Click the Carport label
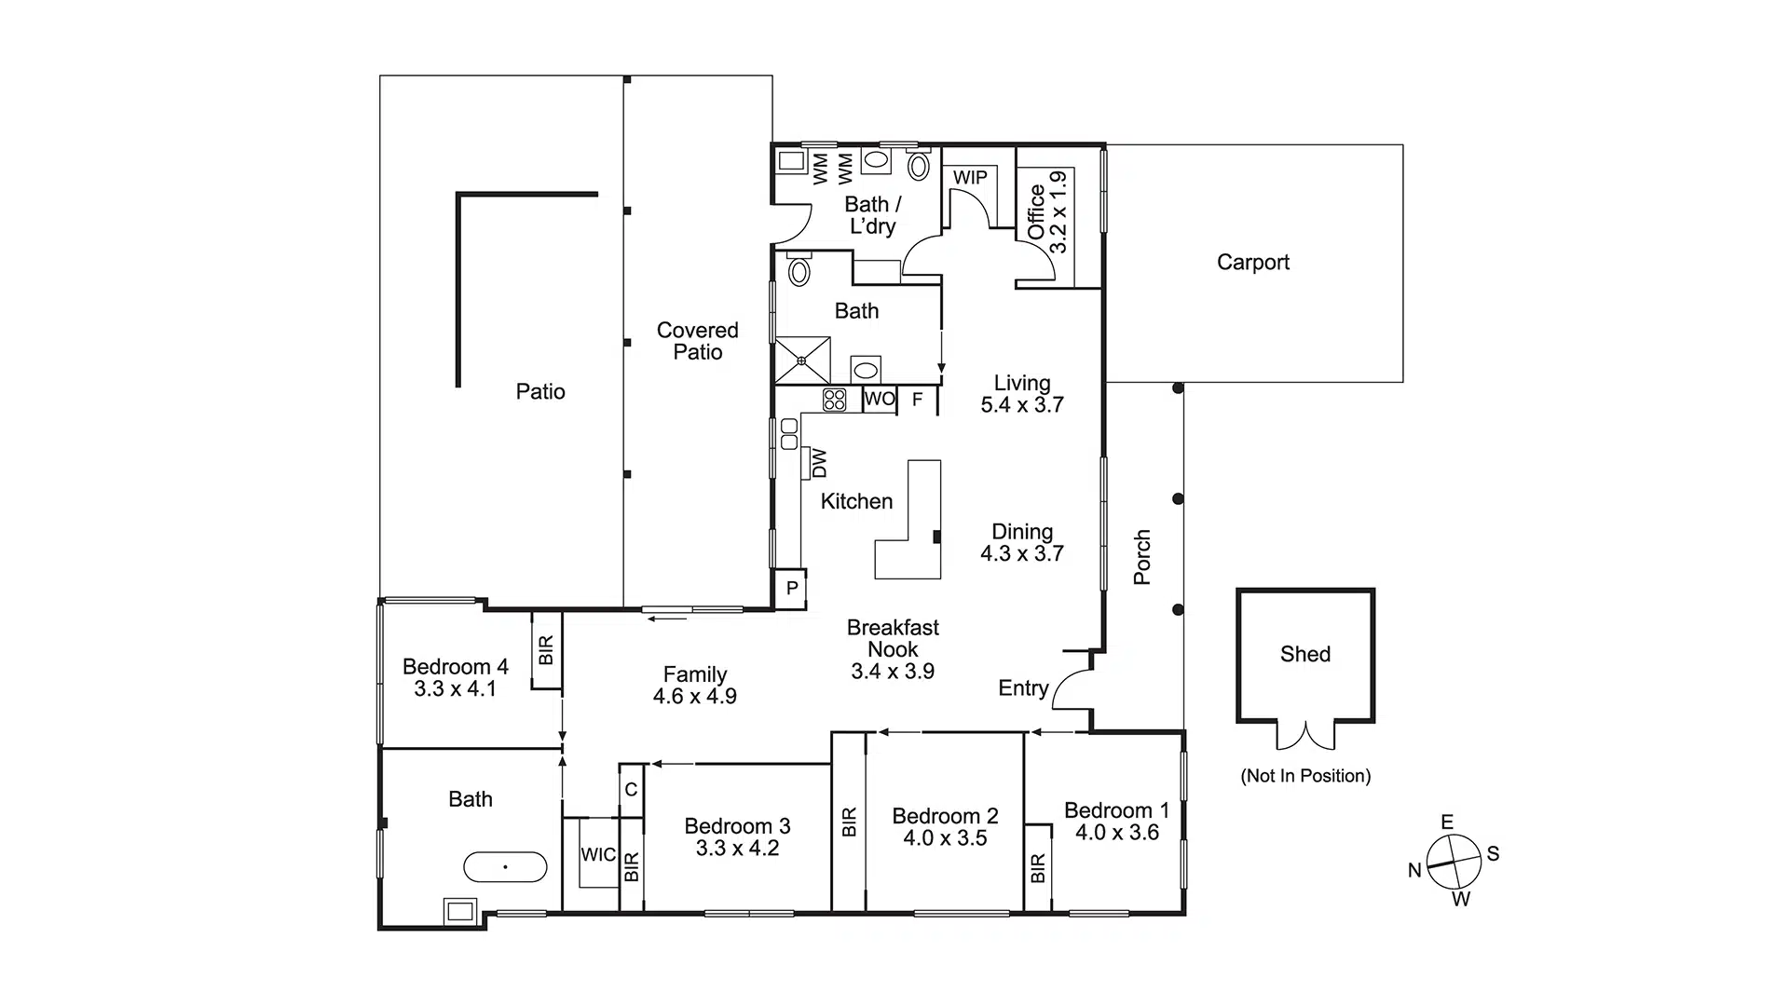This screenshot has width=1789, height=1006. coord(1252,263)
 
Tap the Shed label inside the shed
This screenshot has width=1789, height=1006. coord(1304,654)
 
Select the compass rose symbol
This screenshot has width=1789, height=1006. coord(1454,862)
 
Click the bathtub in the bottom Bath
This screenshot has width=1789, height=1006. coord(505,867)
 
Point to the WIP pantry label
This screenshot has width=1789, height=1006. coord(970,177)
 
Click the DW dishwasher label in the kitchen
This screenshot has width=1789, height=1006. coord(819,463)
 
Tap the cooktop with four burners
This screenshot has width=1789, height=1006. coord(834,400)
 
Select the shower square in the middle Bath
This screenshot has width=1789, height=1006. coord(801,360)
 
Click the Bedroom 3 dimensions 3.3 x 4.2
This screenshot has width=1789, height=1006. coord(737,849)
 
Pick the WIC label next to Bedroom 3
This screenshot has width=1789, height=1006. coord(597,854)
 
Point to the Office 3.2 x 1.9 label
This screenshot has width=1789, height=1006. coord(1046,212)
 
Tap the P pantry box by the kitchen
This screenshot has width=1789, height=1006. coord(791,589)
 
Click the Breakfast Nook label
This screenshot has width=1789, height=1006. coord(893,639)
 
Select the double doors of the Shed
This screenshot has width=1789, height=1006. coord(1305,736)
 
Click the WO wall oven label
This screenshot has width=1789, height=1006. coord(879,400)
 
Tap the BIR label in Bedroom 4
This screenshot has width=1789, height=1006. coord(546,649)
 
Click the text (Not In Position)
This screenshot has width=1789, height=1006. coord(1304,776)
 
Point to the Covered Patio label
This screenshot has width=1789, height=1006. coord(697,341)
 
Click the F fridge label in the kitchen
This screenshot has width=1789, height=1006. coord(918,400)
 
